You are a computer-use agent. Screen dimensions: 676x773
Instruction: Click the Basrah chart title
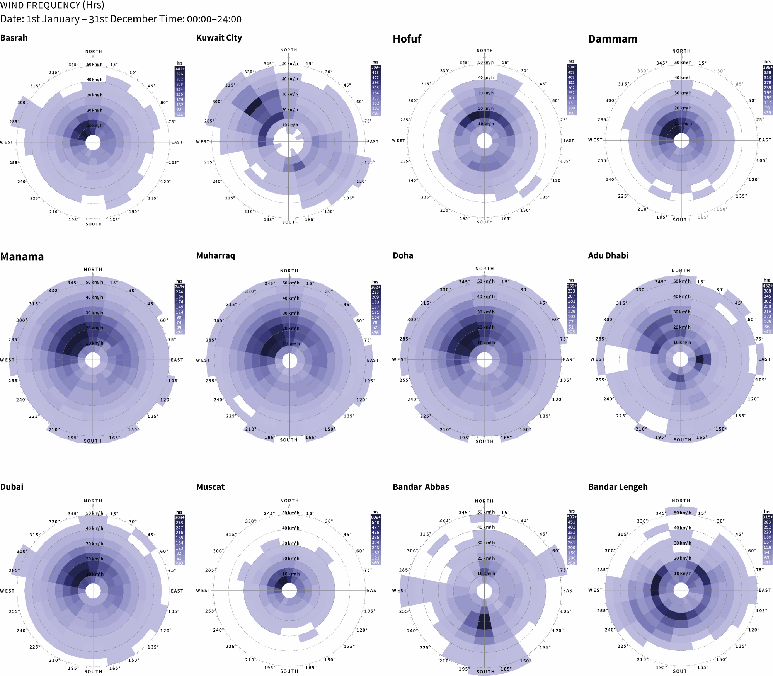pyautogui.click(x=14, y=38)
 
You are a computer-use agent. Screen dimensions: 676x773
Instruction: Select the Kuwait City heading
pyautogui.click(x=219, y=38)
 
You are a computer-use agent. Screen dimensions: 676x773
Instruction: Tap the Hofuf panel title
pyautogui.click(x=407, y=39)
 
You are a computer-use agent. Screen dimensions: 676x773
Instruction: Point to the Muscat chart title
pyautogui.click(x=210, y=487)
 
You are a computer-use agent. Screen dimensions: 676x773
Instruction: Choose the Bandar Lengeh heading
pyautogui.click(x=618, y=487)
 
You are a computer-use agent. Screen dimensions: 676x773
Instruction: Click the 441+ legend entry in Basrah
pyautogui.click(x=180, y=69)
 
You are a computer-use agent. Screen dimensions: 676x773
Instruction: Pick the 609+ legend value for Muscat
pyautogui.click(x=376, y=517)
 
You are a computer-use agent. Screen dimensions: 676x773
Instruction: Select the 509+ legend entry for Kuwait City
pyautogui.click(x=375, y=67)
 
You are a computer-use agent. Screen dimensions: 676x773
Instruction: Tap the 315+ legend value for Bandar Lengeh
pyautogui.click(x=768, y=517)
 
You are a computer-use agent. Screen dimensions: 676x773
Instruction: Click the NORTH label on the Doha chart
pyautogui.click(x=485, y=269)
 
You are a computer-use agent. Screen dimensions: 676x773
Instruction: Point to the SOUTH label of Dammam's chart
pyautogui.click(x=681, y=220)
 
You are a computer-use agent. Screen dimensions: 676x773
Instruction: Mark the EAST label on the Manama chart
pyautogui.click(x=177, y=360)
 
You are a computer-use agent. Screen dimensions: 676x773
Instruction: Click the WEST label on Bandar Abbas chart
pyautogui.click(x=399, y=591)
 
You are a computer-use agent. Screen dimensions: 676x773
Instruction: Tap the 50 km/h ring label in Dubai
pyautogui.click(x=95, y=513)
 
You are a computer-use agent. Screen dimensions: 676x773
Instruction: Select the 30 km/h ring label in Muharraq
pyautogui.click(x=291, y=313)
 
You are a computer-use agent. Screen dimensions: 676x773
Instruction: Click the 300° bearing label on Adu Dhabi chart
pyautogui.click(x=609, y=320)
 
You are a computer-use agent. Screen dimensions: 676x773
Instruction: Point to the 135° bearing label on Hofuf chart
pyautogui.click(x=545, y=197)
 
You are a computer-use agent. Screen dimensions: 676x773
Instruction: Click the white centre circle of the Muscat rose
pyautogui.click(x=289, y=590)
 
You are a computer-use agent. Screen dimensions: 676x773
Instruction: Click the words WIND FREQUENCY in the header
pyautogui.click(x=40, y=5)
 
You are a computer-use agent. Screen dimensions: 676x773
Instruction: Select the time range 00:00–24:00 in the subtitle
pyautogui.click(x=214, y=19)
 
